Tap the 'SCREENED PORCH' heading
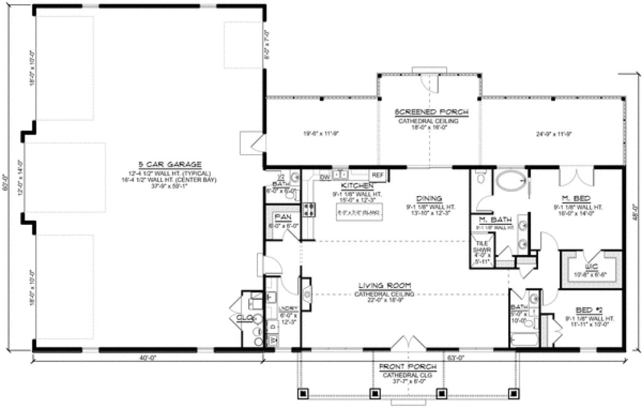431,112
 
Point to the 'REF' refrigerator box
377,175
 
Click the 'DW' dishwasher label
325,177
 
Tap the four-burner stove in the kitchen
309,210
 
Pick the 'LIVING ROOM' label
385,285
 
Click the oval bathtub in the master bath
511,181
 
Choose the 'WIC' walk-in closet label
592,266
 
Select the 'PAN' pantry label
283,217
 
